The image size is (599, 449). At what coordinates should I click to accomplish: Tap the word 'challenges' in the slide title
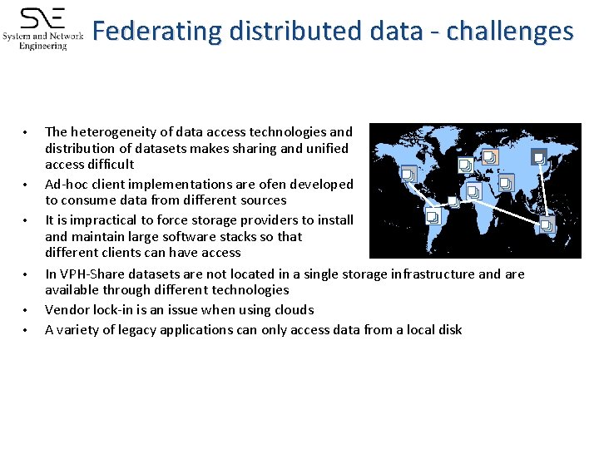coord(509,32)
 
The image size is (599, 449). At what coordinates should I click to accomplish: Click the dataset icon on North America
coord(408,174)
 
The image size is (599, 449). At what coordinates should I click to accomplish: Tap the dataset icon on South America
coord(433,218)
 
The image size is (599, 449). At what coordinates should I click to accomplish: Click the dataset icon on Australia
coord(547,224)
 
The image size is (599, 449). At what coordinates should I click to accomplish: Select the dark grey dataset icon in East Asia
coord(539,157)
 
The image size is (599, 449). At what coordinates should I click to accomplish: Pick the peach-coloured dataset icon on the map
coord(491,156)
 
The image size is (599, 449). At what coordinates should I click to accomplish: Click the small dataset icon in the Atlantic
coord(453,201)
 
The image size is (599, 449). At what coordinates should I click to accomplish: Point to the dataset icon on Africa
coord(473,192)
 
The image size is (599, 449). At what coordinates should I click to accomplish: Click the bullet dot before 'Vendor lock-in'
coord(27,311)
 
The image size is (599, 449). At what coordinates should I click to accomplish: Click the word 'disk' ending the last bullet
coord(450,329)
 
